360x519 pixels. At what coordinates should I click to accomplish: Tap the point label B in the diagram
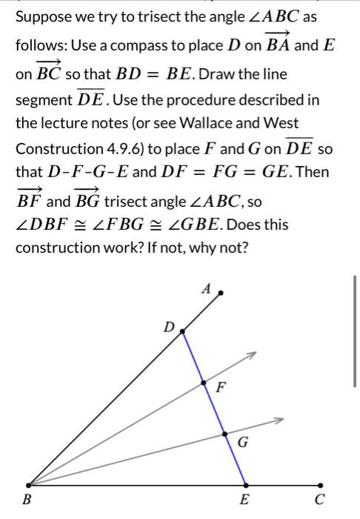[x=27, y=499]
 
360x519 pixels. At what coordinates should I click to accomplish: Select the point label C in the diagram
[x=319, y=499]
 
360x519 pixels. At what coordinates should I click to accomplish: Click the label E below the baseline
[x=244, y=499]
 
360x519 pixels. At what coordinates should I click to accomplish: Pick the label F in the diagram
[x=220, y=386]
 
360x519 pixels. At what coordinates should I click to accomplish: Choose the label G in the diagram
[x=242, y=443]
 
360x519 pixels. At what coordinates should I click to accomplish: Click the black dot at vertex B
[x=28, y=485]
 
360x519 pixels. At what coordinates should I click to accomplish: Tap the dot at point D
[x=184, y=331]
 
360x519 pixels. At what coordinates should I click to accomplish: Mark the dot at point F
[x=204, y=383]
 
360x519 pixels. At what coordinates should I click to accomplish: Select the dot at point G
[x=225, y=434]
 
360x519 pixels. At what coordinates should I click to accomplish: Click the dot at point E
[x=245, y=485]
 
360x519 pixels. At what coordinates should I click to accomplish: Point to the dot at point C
[x=320, y=485]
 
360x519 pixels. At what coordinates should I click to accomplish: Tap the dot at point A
[x=220, y=294]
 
